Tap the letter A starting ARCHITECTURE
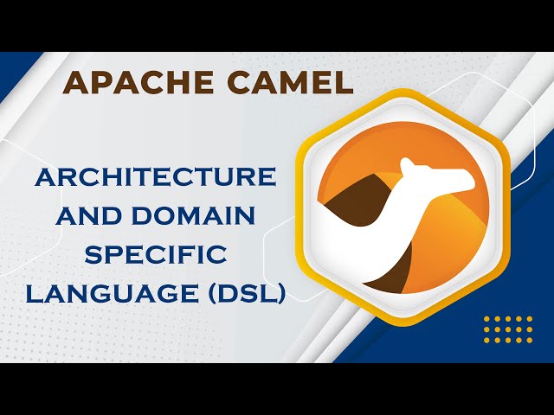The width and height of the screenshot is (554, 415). pos(45,177)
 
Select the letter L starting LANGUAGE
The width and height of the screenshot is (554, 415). pos(33,292)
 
